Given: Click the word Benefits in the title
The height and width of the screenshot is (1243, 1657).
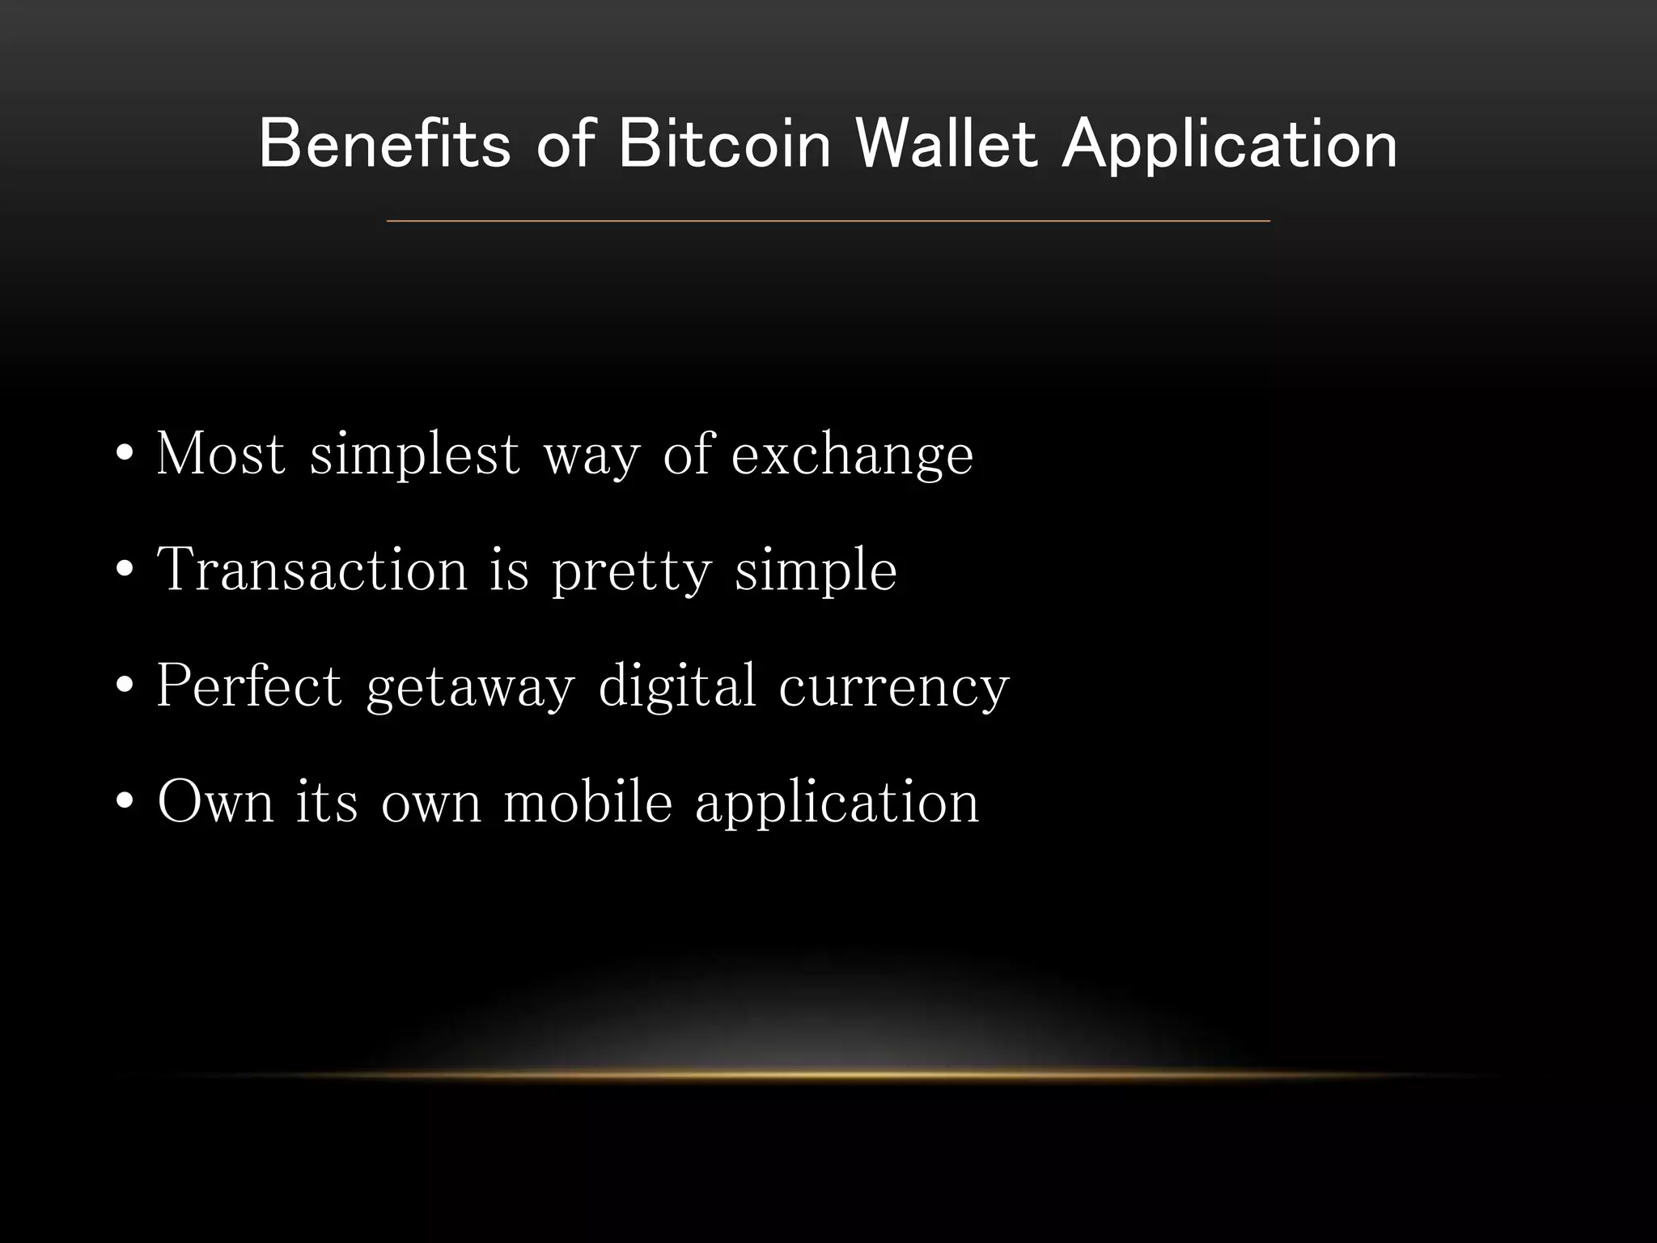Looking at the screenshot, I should point(385,144).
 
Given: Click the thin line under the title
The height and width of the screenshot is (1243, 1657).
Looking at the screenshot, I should point(828,220).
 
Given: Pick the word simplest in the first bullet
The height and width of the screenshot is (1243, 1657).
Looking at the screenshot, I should point(414,455).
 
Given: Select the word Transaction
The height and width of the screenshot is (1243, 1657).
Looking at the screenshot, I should point(312,570).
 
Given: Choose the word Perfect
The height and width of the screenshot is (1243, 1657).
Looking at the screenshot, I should point(249,686).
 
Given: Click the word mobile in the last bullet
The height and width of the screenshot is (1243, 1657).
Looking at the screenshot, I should point(587,803).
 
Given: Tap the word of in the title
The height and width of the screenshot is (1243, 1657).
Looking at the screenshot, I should point(565,144).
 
